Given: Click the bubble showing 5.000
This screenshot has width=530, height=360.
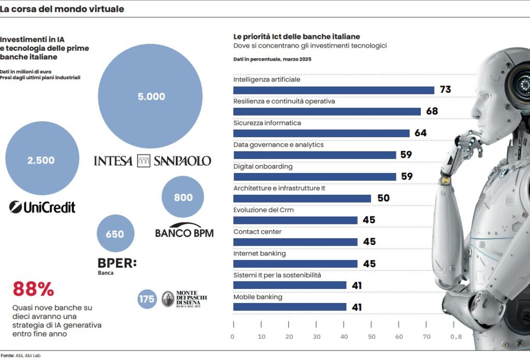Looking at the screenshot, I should [150, 96].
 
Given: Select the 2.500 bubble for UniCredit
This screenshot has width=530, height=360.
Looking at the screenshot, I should [42, 160].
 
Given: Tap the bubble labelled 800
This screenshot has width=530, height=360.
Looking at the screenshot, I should [183, 197].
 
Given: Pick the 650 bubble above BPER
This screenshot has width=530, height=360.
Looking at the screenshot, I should [115, 234].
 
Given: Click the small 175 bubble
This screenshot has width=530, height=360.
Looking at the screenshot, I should [147, 299].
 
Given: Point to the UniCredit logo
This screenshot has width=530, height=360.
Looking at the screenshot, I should [42, 207].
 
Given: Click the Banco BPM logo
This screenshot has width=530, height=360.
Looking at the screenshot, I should [184, 231].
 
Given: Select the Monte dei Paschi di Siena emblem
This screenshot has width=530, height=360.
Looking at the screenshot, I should [168, 299].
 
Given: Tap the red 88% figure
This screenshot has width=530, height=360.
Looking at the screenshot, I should [33, 289].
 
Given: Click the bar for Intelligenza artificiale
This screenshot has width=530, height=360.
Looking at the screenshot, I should [333, 90].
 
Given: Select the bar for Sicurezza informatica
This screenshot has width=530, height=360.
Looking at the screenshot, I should [321, 133].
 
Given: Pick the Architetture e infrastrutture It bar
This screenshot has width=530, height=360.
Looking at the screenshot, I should [302, 198].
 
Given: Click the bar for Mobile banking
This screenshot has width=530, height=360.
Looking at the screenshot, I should [289, 307].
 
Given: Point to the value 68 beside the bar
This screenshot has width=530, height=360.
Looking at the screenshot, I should [432, 111].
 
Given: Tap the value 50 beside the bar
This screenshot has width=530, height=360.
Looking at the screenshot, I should [384, 198].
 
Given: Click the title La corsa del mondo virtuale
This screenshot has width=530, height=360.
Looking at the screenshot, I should [62, 9].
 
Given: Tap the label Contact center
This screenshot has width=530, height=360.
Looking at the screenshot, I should [257, 232].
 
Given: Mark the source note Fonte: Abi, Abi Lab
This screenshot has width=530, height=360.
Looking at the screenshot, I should [15, 355].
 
